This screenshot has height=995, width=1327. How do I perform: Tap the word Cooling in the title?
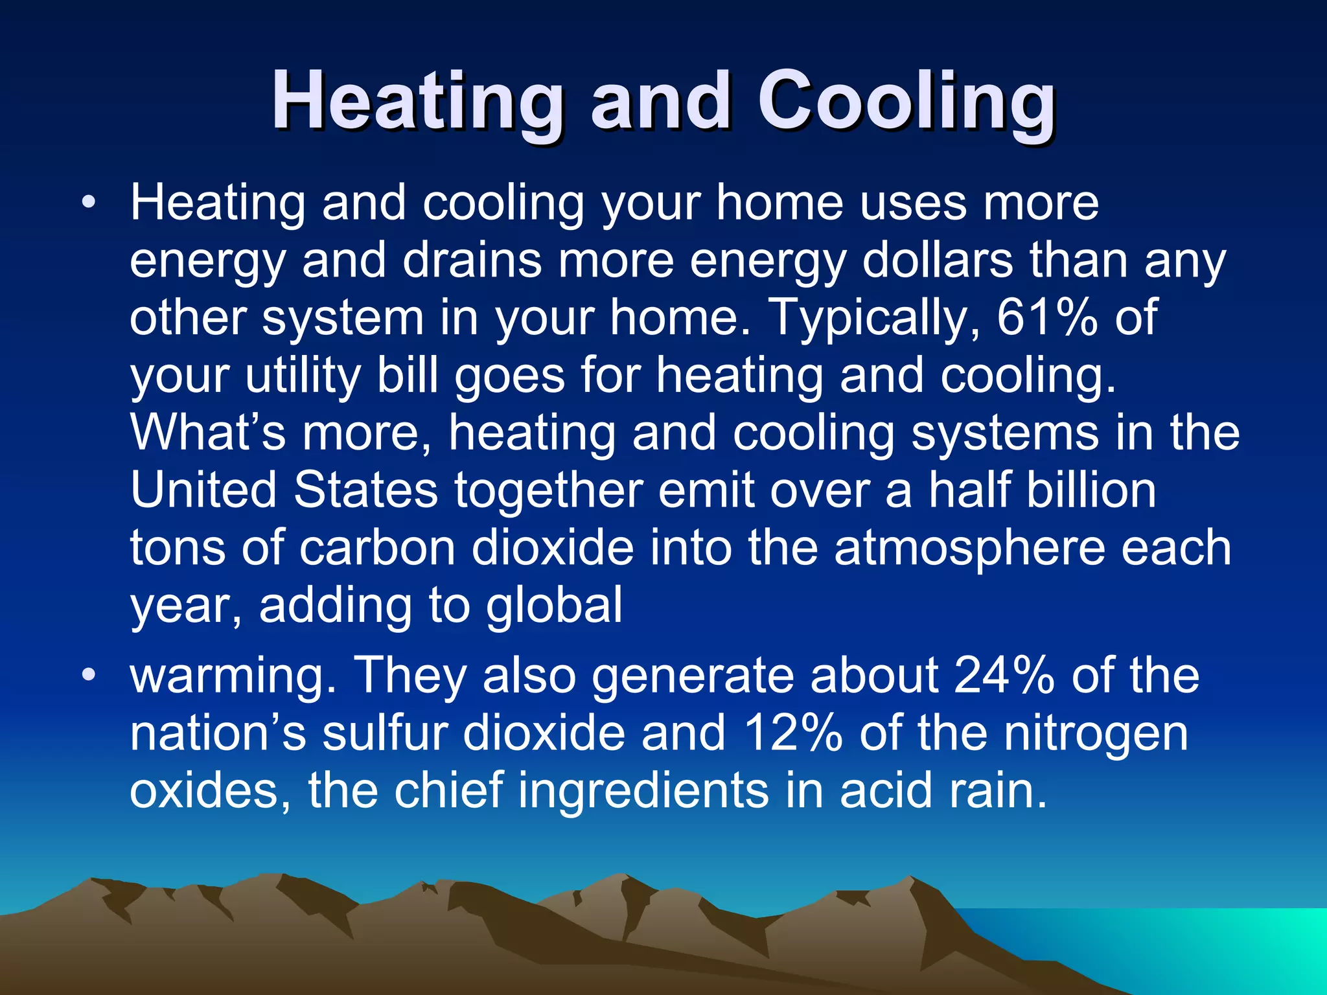click(x=906, y=102)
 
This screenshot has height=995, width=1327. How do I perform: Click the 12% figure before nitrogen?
click(x=793, y=733)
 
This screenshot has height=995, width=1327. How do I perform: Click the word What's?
click(x=207, y=432)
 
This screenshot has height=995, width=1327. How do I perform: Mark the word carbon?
click(x=377, y=548)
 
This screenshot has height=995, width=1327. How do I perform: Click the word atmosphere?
click(x=969, y=548)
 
